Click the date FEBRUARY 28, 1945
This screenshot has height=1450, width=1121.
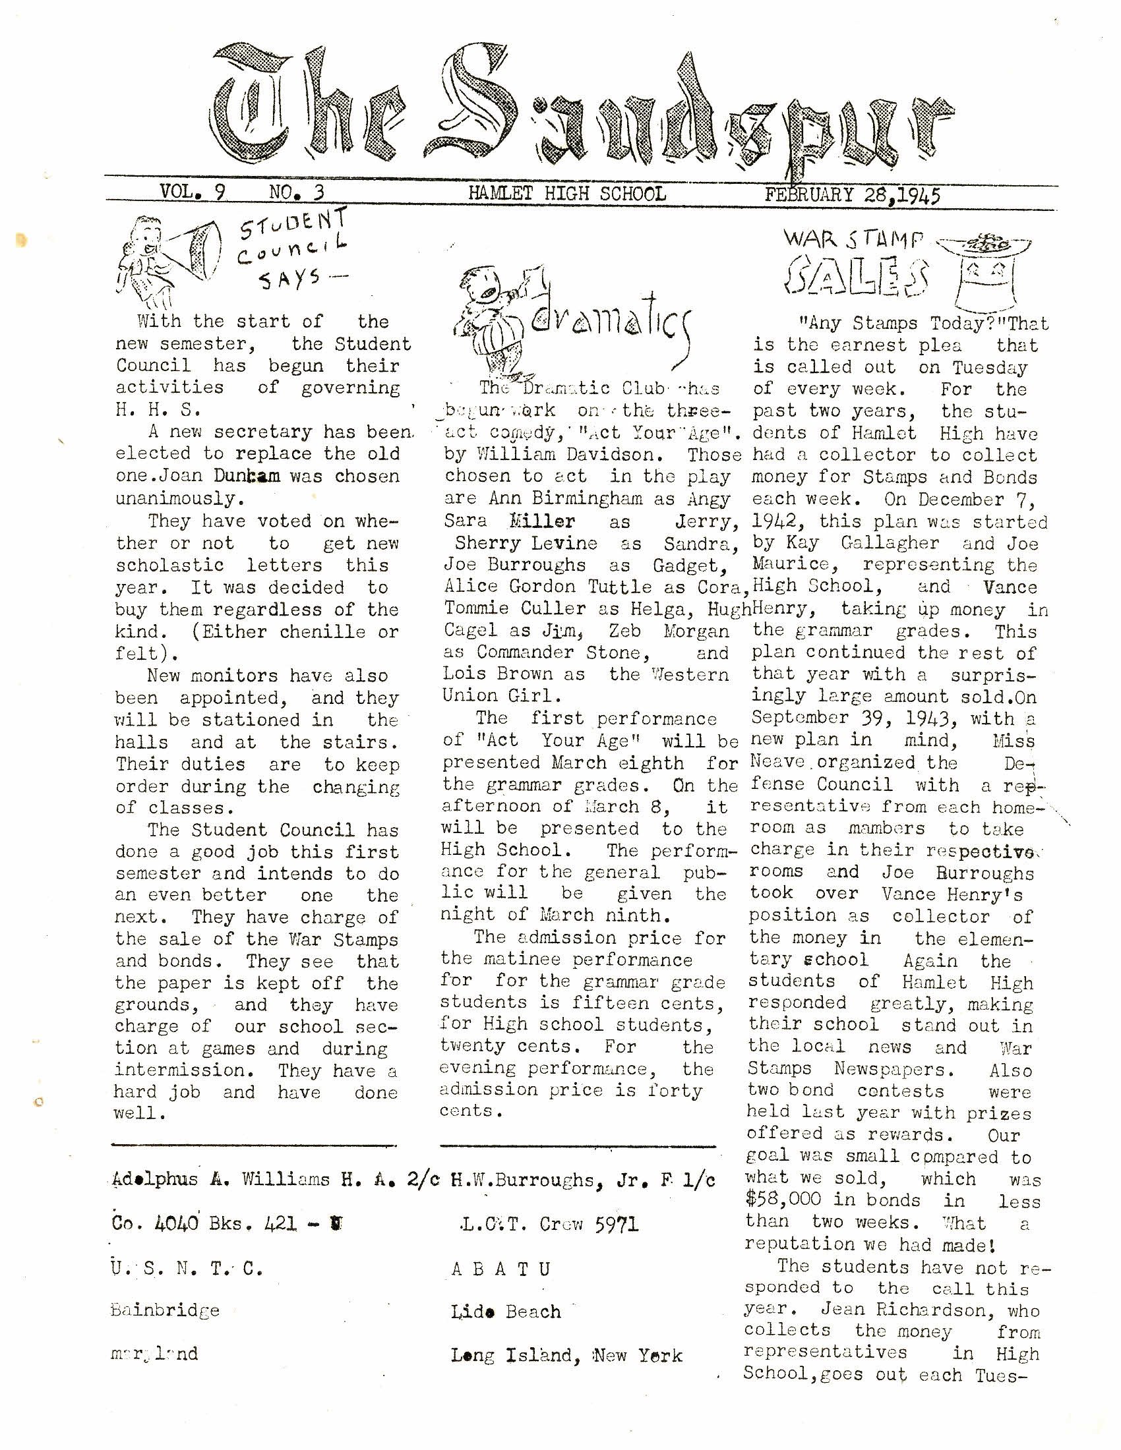pyautogui.click(x=852, y=194)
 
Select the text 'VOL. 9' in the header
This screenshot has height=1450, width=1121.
pyautogui.click(x=192, y=192)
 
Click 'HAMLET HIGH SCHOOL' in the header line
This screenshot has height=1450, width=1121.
pyautogui.click(x=566, y=193)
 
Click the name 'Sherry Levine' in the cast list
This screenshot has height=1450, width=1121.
pyautogui.click(x=526, y=543)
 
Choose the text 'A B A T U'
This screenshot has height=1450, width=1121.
pyautogui.click(x=500, y=1269)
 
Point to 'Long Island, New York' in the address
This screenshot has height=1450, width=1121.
pyautogui.click(x=566, y=1354)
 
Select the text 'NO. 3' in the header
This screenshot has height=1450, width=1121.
pyautogui.click(x=296, y=192)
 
